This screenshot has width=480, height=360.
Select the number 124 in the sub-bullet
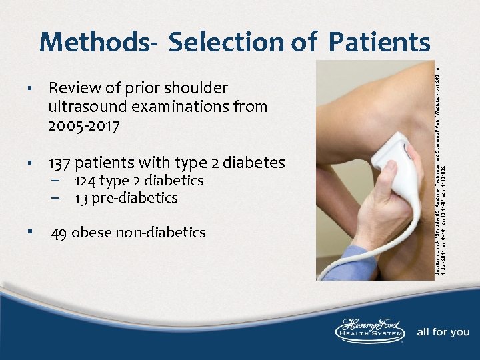coord(85,181)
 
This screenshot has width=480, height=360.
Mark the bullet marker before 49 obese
coord(30,232)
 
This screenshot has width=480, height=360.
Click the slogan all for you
coord(443,332)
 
